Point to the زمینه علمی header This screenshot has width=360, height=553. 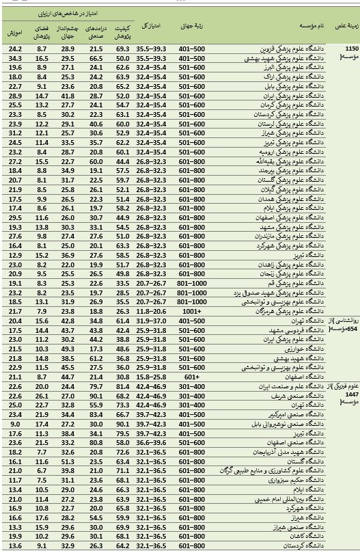tap(344, 25)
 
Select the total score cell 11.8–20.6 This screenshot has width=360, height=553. tap(151, 310)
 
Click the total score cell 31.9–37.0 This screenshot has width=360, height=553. tap(151, 320)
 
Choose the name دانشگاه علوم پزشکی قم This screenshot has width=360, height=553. tap(286, 282)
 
